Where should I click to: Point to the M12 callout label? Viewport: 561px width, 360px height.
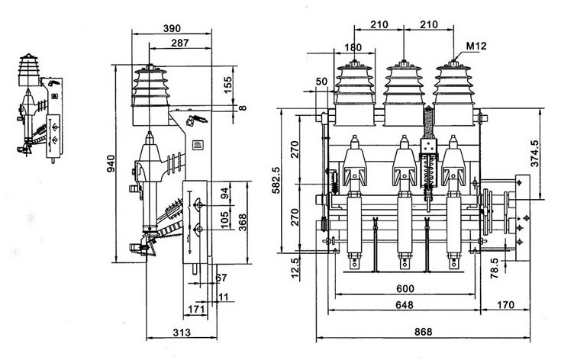pos(476,47)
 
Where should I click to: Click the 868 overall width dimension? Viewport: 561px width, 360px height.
pos(417,333)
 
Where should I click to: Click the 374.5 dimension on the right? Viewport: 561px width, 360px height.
pos(535,152)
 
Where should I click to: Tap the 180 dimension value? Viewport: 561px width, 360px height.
pos(353,47)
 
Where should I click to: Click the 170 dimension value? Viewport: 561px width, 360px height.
pos(505,305)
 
